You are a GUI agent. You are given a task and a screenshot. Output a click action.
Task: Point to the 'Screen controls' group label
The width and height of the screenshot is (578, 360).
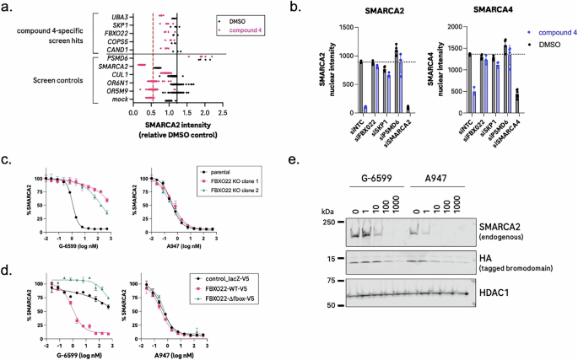[x=61, y=78]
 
